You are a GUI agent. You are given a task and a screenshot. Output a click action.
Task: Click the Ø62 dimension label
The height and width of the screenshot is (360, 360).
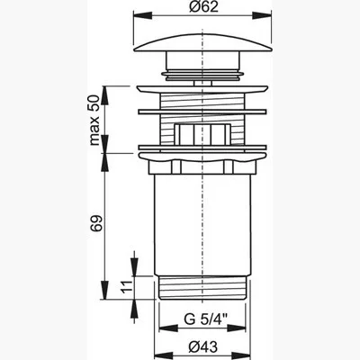pyautogui.click(x=203, y=6)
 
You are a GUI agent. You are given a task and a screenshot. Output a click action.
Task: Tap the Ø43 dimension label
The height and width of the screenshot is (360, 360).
pyautogui.click(x=203, y=347)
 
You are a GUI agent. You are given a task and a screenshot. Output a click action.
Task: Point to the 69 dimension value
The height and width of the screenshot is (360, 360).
pyautogui.click(x=96, y=223)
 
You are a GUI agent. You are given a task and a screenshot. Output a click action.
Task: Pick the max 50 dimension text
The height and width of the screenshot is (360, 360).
pyautogui.click(x=94, y=120)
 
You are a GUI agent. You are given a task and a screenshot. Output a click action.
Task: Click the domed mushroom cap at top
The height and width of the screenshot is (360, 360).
pyautogui.click(x=203, y=43)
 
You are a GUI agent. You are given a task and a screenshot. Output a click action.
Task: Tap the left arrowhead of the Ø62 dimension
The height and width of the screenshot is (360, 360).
pyautogui.click(x=143, y=14)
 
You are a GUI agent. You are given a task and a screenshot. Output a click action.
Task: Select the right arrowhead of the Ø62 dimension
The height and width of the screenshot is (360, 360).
pyautogui.click(x=262, y=14)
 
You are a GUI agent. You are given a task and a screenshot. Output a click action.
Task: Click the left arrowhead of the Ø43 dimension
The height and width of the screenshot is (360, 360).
pyautogui.click(x=163, y=357)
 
